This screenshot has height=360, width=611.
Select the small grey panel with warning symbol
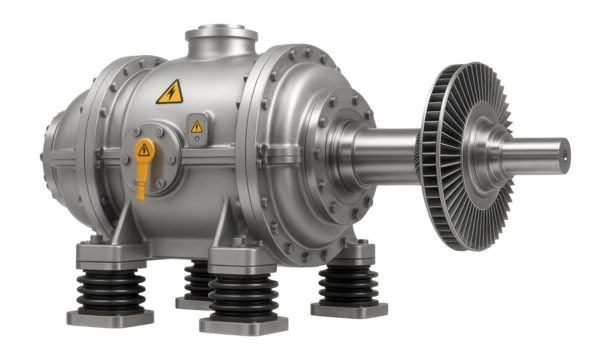point(197,129)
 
